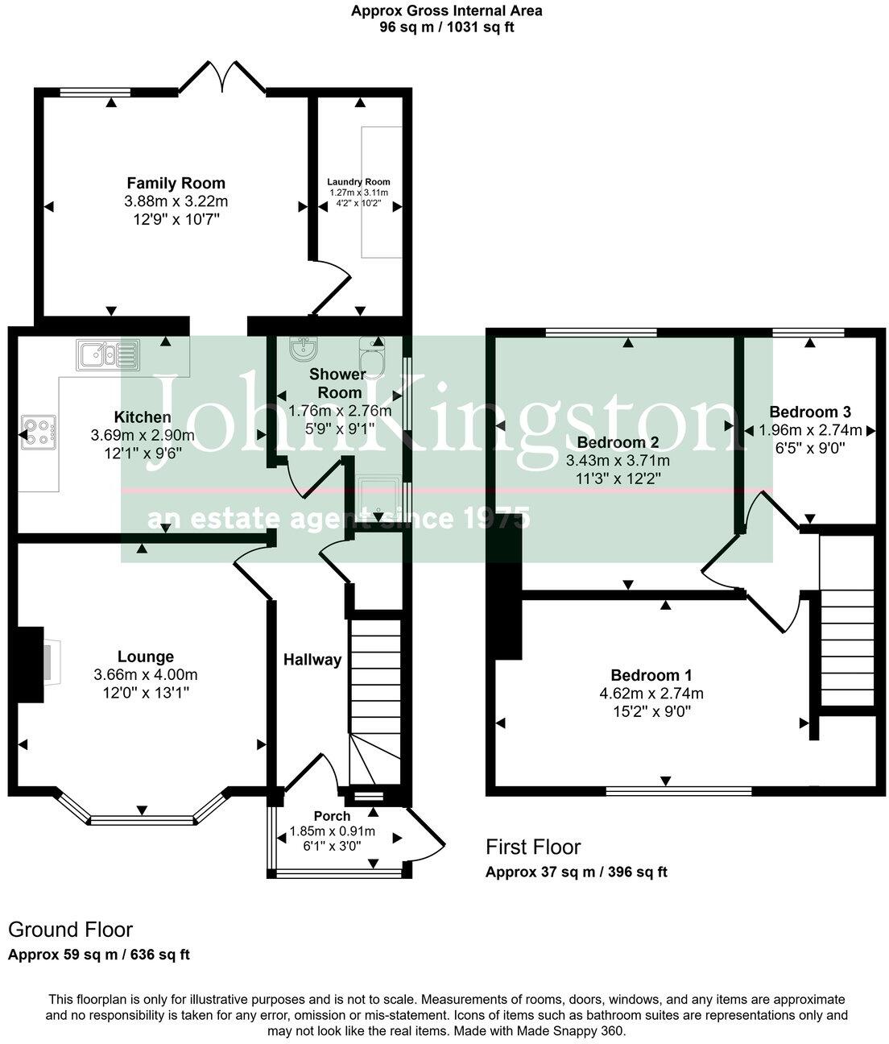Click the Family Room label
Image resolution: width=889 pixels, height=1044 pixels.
(176, 183)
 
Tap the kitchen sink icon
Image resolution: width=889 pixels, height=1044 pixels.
(107, 354)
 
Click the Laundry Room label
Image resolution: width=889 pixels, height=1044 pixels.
(358, 182)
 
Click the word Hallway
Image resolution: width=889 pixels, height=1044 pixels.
(312, 660)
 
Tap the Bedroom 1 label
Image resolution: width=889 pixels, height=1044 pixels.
(651, 676)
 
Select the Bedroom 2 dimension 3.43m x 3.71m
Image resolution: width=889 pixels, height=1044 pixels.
(618, 461)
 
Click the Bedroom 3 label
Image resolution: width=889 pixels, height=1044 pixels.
(810, 411)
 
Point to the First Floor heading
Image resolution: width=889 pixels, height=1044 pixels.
(532, 847)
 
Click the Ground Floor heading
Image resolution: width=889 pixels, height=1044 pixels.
(70, 930)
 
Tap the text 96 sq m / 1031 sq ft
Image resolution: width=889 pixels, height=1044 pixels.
(446, 27)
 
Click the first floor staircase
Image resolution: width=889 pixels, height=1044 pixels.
(846, 644)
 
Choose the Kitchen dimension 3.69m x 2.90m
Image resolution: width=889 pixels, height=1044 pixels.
(143, 435)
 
